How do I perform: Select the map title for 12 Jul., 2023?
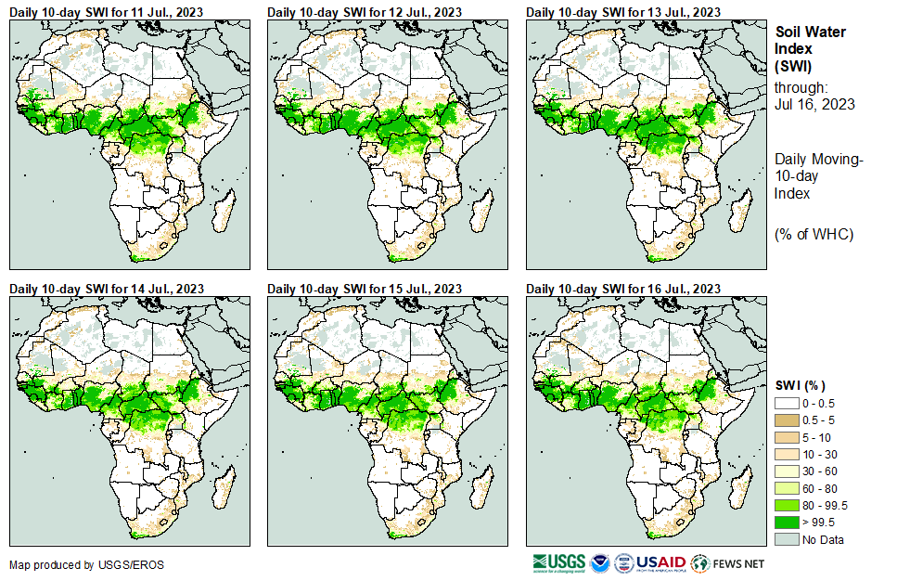(x=365, y=11)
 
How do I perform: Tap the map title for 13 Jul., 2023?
(x=623, y=11)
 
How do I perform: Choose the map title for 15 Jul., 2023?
(x=365, y=289)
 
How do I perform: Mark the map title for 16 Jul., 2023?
(x=623, y=289)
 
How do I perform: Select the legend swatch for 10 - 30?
(x=788, y=455)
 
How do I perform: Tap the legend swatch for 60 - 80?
(x=788, y=488)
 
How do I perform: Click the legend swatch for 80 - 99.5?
(x=788, y=505)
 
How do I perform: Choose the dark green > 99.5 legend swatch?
(x=788, y=522)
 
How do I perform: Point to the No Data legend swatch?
(x=788, y=539)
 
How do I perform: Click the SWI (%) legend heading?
(x=801, y=385)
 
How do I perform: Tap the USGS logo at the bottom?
(x=559, y=563)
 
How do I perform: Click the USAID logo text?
(x=661, y=563)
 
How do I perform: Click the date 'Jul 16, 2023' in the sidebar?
(x=814, y=104)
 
